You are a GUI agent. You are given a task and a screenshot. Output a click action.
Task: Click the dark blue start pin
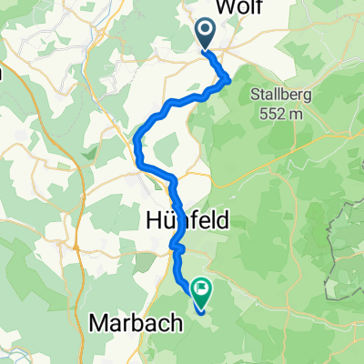[x=205, y=35]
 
